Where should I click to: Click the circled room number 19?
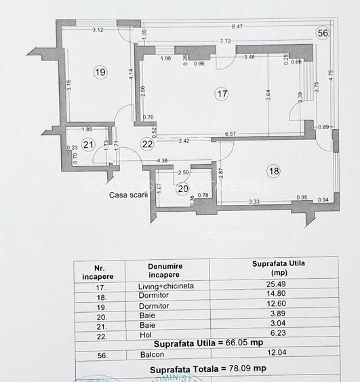pyautogui.click(x=100, y=72)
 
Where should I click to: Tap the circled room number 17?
pyautogui.click(x=222, y=94)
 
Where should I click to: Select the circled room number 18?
pyautogui.click(x=273, y=172)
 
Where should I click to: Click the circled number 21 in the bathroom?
pyautogui.click(x=87, y=143)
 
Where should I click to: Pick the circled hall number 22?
pyautogui.click(x=148, y=143)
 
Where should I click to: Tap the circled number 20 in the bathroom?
pyautogui.click(x=182, y=189)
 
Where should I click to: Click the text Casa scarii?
pyautogui.click(x=127, y=195)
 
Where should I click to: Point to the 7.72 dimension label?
pyautogui.click(x=226, y=41)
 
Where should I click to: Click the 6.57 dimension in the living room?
pyautogui.click(x=231, y=134)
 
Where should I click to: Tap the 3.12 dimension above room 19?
pyautogui.click(x=98, y=29)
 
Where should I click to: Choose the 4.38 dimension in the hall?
pyautogui.click(x=162, y=161)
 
